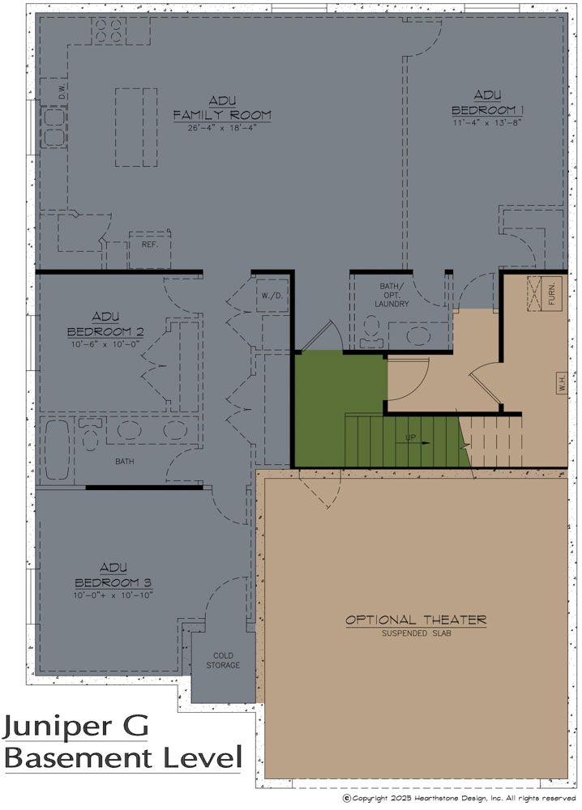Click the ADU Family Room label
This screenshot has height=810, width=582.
pos(222,108)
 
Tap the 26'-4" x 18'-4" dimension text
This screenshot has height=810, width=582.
pos(222,128)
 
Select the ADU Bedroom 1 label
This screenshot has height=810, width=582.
pos(488,103)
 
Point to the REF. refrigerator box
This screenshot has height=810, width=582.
pos(150,250)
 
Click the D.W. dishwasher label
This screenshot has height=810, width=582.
pos(62,92)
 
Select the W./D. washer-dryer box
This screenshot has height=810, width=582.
pos(272,296)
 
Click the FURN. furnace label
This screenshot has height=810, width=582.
pos(552,293)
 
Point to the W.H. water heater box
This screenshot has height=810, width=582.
pos(563,383)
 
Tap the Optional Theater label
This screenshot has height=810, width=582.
pos(416,620)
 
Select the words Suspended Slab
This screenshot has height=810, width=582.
pos(417,633)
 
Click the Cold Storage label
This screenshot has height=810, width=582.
pos(223,660)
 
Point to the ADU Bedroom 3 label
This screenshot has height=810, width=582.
pos(113,575)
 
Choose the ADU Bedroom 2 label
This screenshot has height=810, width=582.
pos(105,324)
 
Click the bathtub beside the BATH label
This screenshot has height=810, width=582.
pos(57,450)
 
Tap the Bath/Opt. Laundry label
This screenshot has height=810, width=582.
pos(392,295)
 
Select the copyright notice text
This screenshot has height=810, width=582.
pos(460,799)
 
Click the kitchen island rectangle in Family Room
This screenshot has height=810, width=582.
pos(136,127)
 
